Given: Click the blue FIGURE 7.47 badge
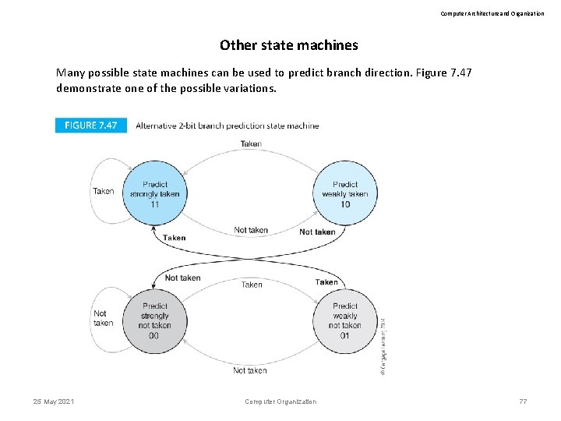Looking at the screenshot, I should pyautogui.click(x=91, y=125).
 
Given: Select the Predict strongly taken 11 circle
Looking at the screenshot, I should pyautogui.click(x=154, y=193).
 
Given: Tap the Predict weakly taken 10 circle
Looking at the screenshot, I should pyautogui.click(x=345, y=193).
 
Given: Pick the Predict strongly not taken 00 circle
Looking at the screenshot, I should pyautogui.click(x=154, y=320).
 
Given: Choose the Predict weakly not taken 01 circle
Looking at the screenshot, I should pyautogui.click(x=345, y=320).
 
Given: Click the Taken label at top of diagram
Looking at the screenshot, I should pyautogui.click(x=251, y=143).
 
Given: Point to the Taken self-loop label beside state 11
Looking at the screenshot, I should pyautogui.click(x=103, y=191).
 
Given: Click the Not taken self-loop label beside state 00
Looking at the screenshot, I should pyautogui.click(x=103, y=318).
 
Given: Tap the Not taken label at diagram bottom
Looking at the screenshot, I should pyautogui.click(x=249, y=370).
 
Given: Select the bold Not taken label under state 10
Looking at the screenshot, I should pyautogui.click(x=317, y=232).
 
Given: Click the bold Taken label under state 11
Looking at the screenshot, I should pyautogui.click(x=175, y=238).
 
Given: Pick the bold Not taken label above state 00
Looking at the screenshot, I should pyautogui.click(x=182, y=278).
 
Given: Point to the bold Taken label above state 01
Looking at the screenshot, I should pyautogui.click(x=326, y=282).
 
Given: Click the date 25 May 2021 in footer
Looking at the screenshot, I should pyautogui.click(x=54, y=402).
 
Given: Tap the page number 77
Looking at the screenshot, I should pyautogui.click(x=523, y=402).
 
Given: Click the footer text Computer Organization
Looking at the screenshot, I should pyautogui.click(x=280, y=402).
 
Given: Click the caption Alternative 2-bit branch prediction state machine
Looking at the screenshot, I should pyautogui.click(x=227, y=126).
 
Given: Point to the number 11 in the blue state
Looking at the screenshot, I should pyautogui.click(x=154, y=204).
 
